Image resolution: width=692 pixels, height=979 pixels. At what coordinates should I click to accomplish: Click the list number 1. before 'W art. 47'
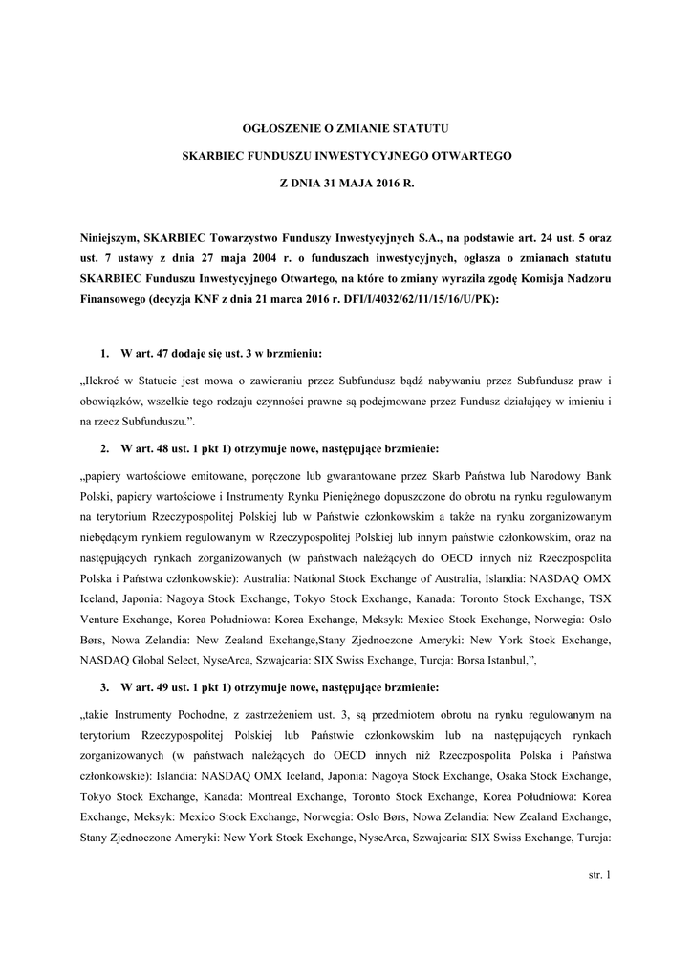point(104,354)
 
